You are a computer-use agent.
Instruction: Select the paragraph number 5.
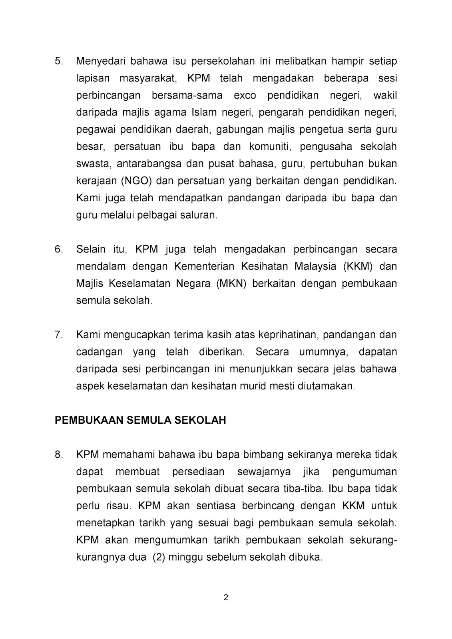(x=59, y=61)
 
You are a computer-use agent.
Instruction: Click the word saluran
(x=200, y=215)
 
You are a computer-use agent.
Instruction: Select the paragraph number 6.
(x=59, y=249)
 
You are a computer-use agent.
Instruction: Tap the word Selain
(x=90, y=249)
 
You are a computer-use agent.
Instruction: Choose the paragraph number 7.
(x=59, y=335)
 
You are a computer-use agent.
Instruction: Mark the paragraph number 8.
(x=59, y=454)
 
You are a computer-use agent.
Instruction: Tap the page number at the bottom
(x=226, y=598)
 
